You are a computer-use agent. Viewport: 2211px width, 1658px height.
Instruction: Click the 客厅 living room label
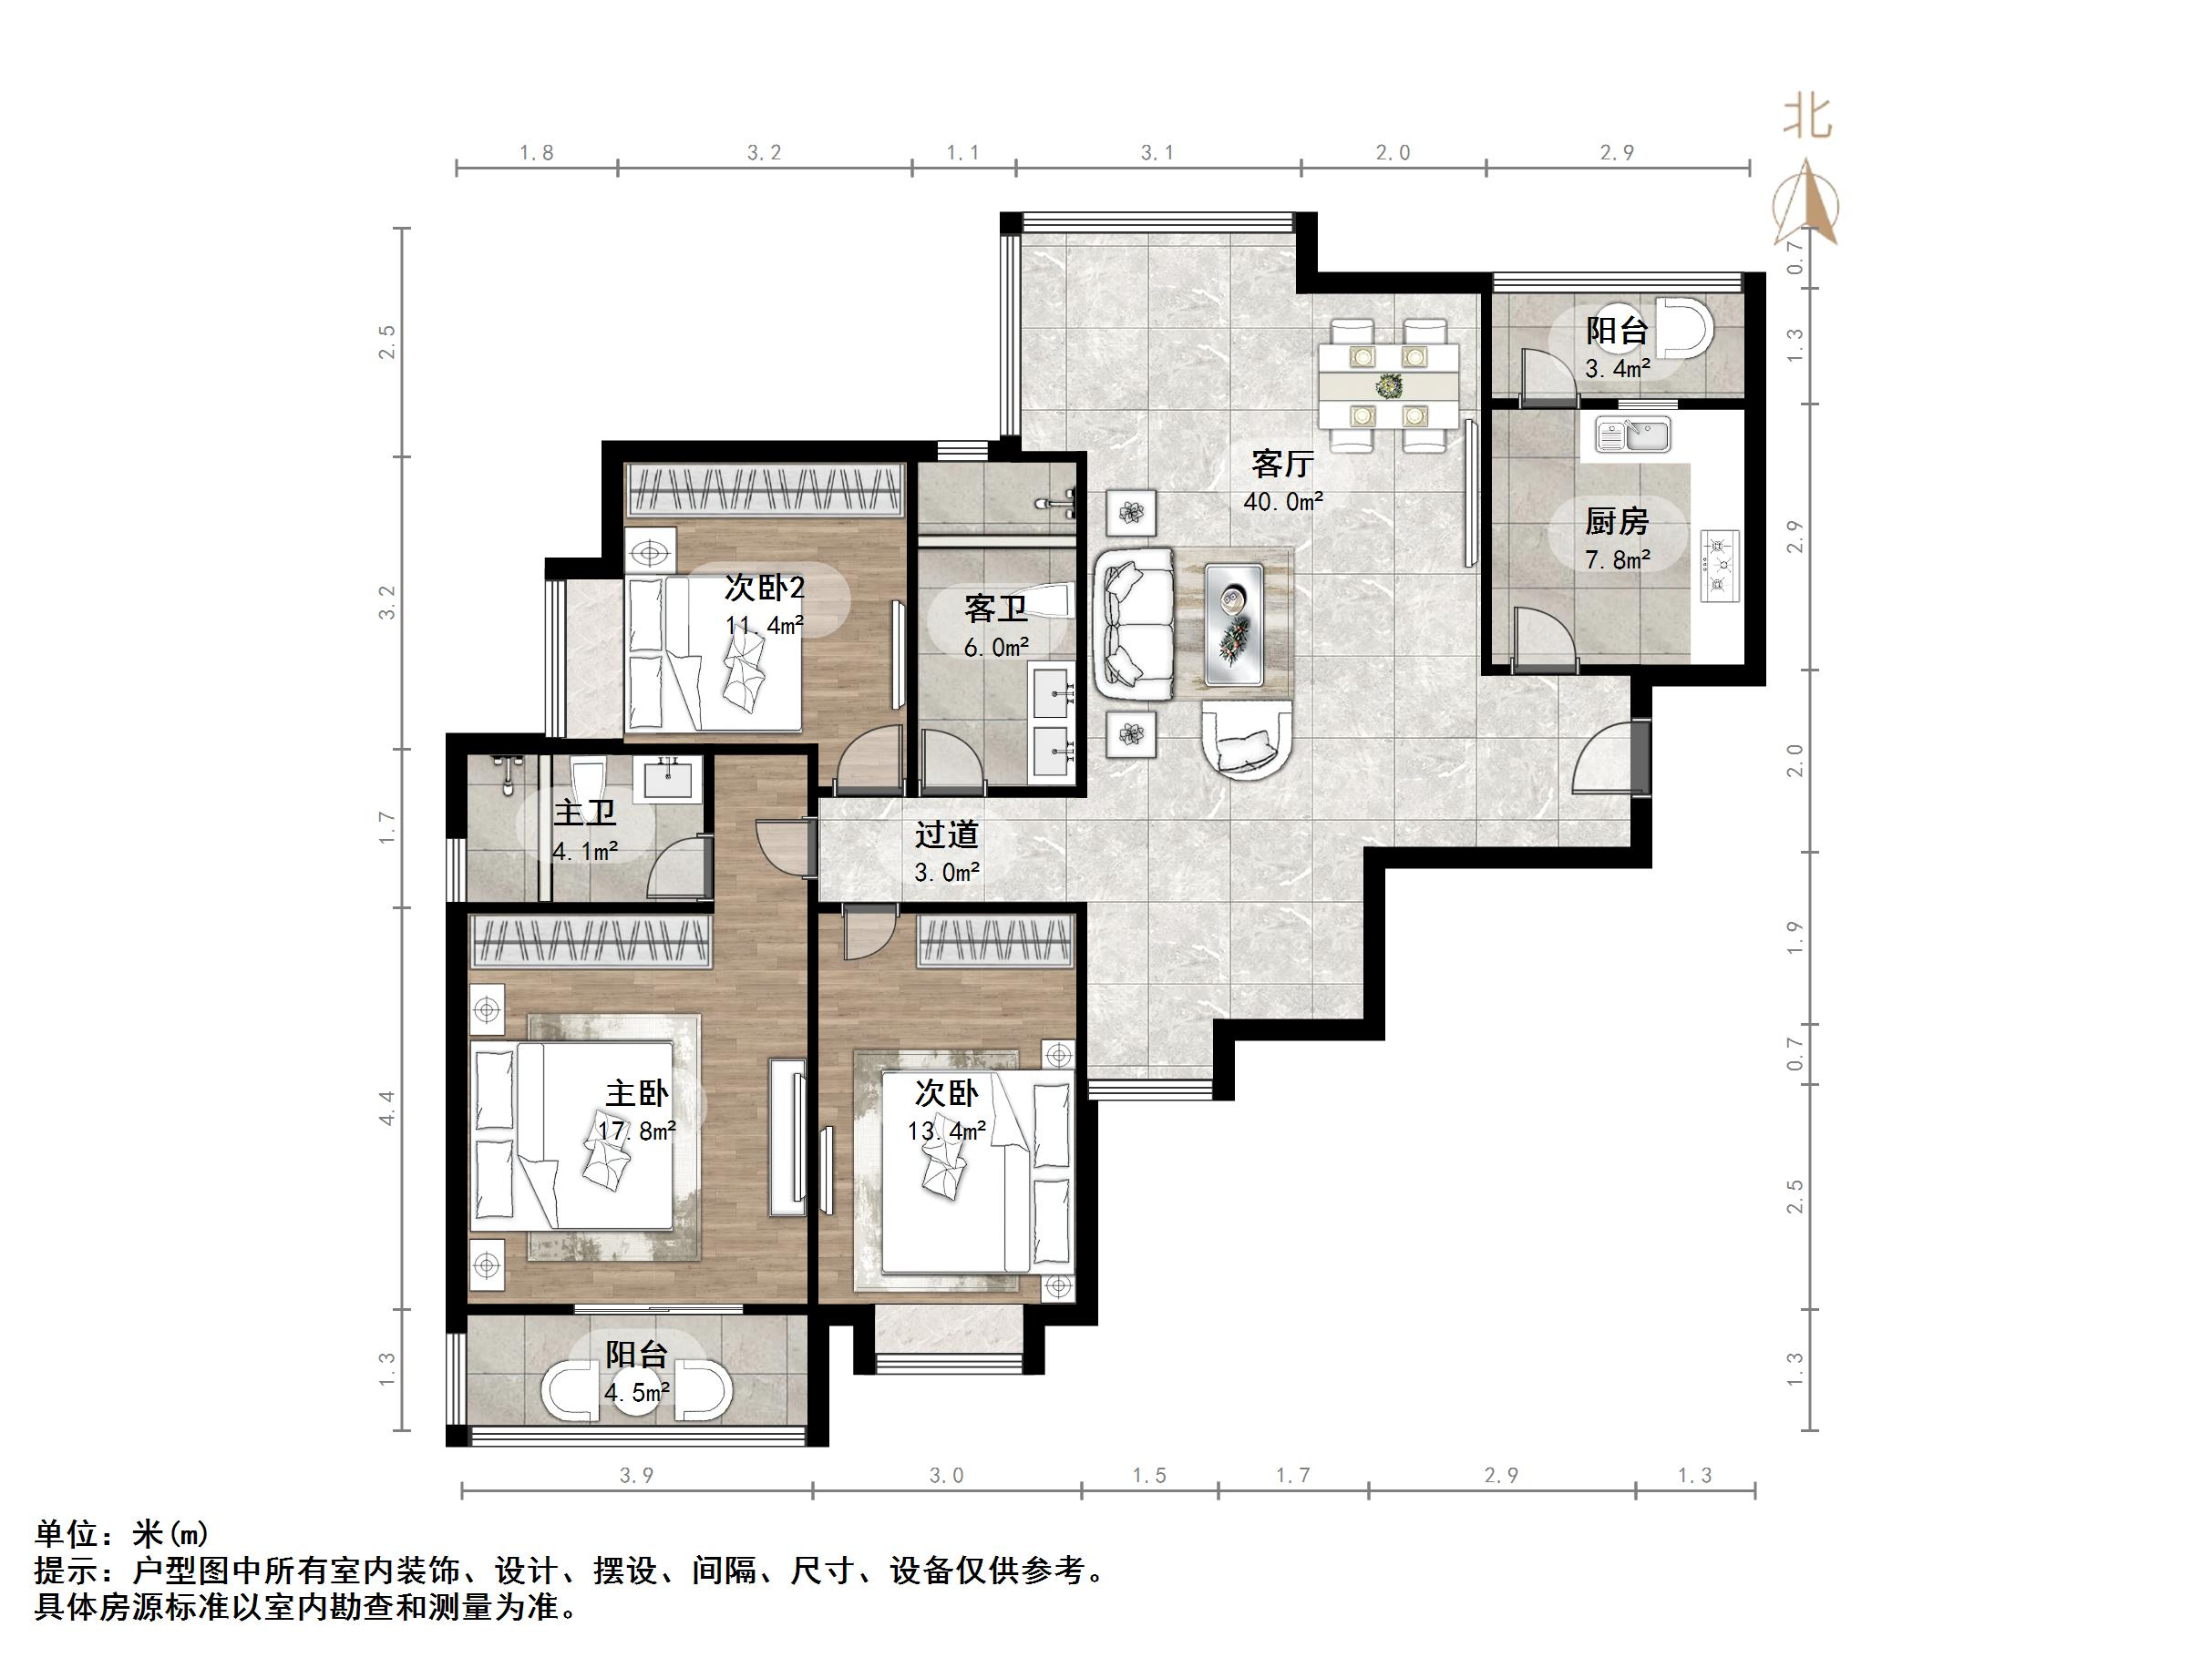1280,465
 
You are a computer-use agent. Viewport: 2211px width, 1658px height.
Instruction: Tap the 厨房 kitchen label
1616,522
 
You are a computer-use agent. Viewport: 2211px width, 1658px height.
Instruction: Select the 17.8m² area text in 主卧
637,1131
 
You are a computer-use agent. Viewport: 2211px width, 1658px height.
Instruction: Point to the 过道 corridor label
946,834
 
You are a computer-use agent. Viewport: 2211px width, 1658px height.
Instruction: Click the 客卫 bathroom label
995,609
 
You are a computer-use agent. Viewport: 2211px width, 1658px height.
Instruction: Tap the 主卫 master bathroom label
585,813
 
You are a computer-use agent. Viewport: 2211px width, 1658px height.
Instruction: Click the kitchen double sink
1632,435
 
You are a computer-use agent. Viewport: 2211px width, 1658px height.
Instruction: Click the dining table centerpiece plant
1387,384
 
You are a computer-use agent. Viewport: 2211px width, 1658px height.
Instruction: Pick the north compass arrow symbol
1806,205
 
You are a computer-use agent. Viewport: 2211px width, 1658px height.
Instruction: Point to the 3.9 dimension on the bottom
636,1476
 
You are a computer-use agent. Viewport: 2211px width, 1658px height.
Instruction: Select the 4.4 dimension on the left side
386,1108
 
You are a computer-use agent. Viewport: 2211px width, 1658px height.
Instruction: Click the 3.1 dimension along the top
1157,153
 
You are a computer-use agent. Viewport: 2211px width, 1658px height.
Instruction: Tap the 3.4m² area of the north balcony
1616,369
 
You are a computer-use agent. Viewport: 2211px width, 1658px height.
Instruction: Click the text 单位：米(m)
122,1534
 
